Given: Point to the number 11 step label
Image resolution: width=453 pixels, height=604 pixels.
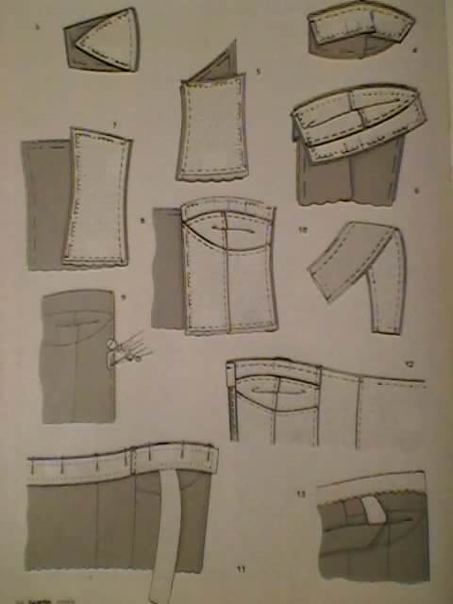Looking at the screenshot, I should tap(242, 569).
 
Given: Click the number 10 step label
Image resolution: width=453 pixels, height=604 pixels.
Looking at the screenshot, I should tap(302, 229).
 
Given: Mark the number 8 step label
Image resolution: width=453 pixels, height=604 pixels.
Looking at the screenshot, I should tap(143, 221).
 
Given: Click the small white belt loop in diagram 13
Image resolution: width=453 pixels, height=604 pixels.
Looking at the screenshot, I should tap(373, 511).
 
